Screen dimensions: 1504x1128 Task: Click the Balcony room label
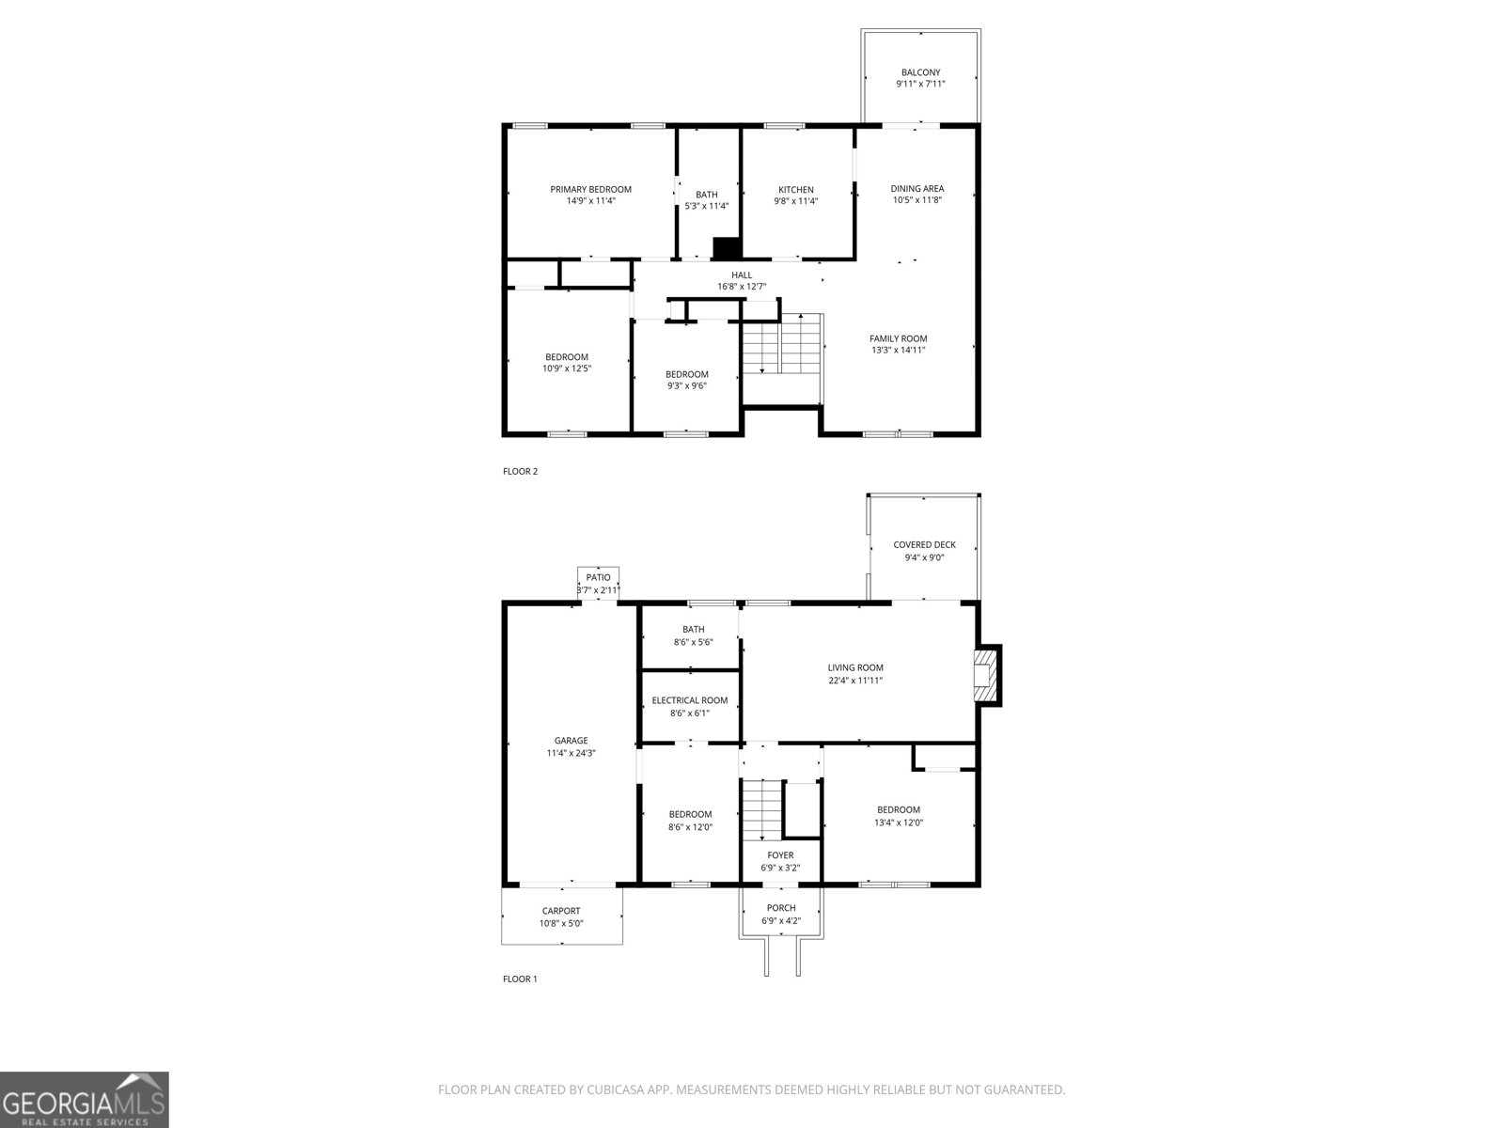pos(920,72)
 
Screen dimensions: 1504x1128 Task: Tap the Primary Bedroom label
pos(590,190)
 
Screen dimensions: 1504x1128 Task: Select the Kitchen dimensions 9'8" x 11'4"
pos(795,201)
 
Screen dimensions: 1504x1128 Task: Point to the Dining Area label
pos(916,188)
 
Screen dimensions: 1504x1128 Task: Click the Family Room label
pos(899,338)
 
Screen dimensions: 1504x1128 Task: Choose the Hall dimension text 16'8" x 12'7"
pos(742,287)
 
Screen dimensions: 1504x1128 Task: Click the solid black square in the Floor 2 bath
pos(727,248)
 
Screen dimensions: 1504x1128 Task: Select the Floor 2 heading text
pos(520,471)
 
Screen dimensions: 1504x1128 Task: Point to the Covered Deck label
pos(924,545)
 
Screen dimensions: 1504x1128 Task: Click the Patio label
pos(598,577)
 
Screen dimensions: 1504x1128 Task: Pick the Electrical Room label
pos(689,700)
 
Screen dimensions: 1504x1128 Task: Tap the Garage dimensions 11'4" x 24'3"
pos(571,753)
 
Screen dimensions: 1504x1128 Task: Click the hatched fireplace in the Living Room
pos(984,676)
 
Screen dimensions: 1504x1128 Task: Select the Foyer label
pos(780,855)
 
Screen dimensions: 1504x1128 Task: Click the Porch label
pos(781,908)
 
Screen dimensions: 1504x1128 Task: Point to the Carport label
pos(561,911)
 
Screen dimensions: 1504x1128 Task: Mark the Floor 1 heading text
pos(520,979)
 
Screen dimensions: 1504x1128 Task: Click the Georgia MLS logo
pos(84,1099)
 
